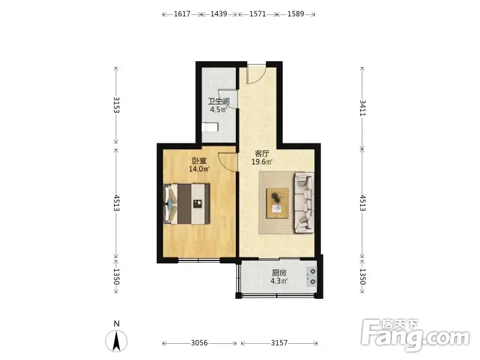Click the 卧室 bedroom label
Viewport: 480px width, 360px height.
coord(199,161)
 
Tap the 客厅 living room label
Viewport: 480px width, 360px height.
coord(262,154)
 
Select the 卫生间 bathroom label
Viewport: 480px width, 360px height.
coord(219,101)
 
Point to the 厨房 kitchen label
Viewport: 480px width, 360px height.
coord(279,273)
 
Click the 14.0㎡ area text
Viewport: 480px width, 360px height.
coord(199,169)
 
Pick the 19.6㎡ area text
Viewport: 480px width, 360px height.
coord(262,161)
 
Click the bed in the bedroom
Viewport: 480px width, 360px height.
coord(187,204)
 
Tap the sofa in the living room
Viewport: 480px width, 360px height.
coord(304,203)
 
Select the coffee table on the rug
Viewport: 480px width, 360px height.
coord(277,203)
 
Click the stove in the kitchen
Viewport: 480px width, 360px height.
coord(311,277)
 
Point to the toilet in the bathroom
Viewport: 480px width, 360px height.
coord(210,127)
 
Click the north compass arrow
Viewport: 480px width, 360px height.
coord(116,341)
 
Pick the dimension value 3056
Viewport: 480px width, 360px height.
coord(200,343)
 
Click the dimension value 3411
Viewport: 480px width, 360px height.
coord(362,107)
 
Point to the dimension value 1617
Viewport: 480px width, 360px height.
coord(182,14)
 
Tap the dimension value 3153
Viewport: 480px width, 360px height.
coord(116,105)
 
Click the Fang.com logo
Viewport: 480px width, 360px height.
coord(415,335)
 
